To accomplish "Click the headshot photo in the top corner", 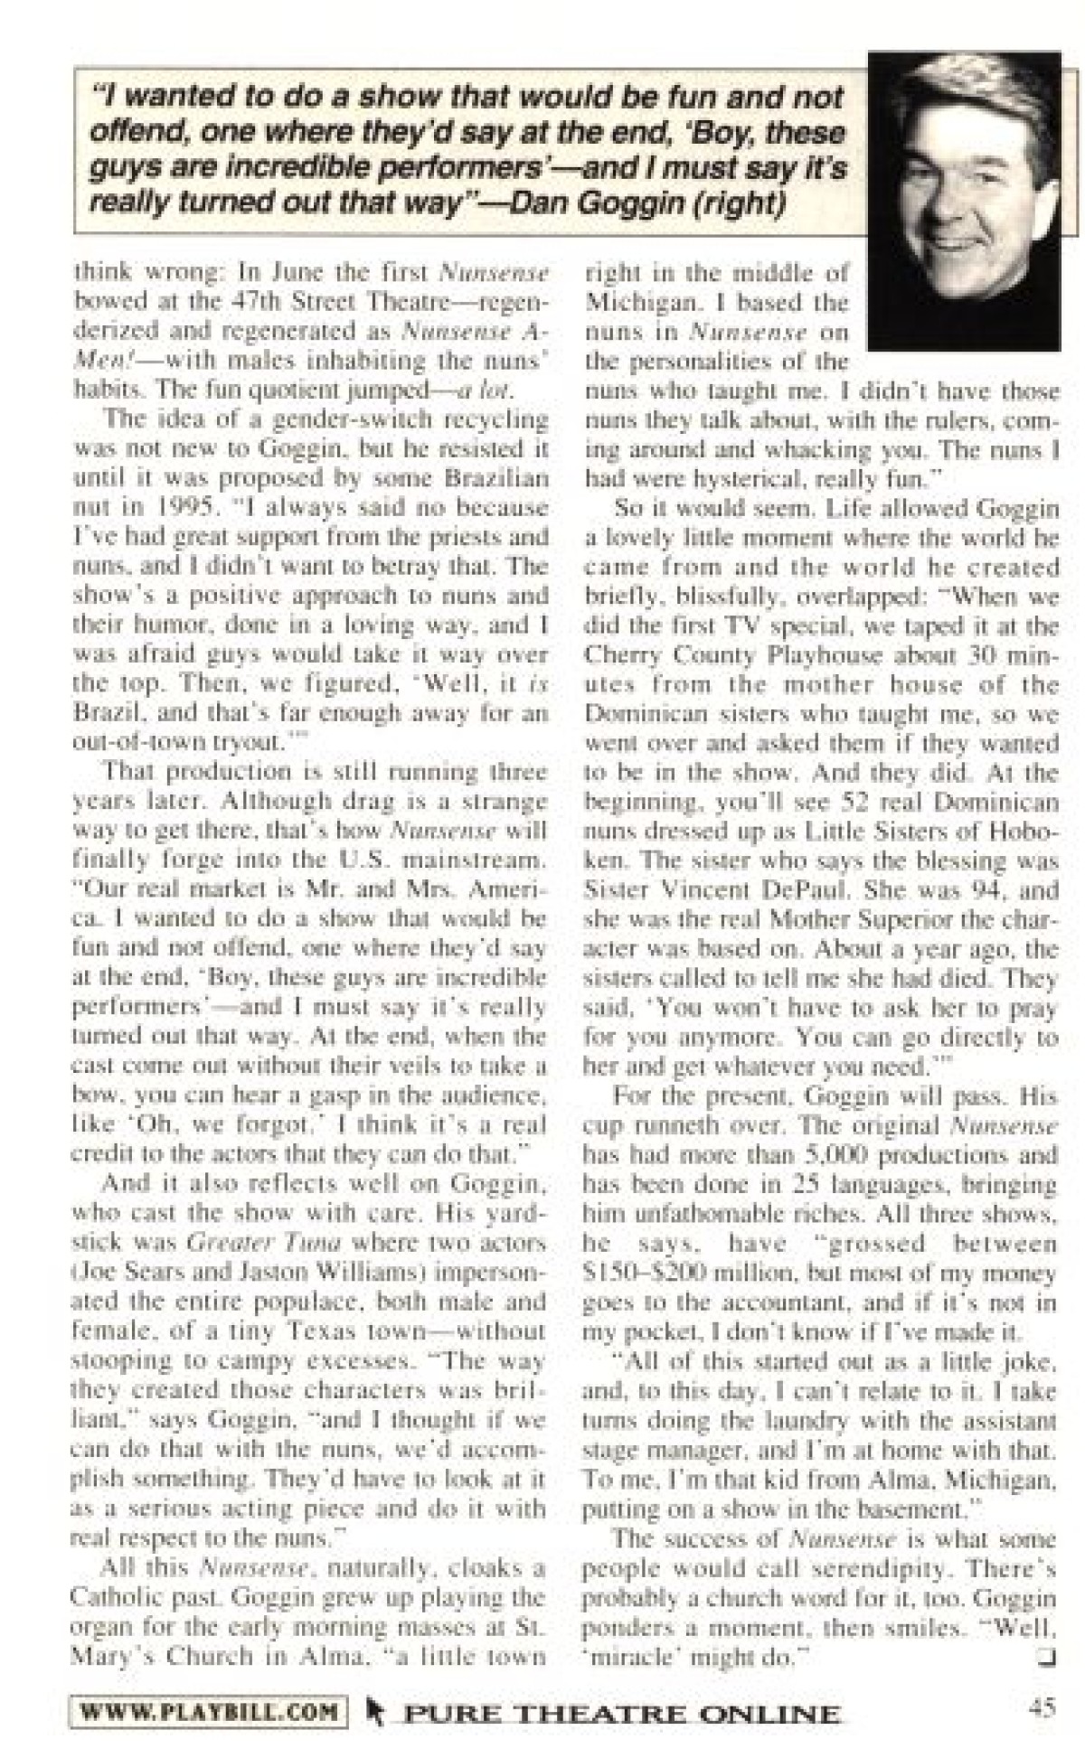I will click(963, 201).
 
